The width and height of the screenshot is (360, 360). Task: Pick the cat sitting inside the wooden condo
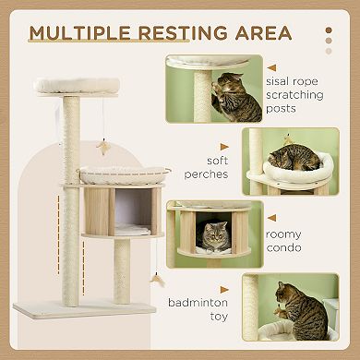point(214,236)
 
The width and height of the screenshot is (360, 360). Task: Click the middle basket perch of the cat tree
point(125,172)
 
